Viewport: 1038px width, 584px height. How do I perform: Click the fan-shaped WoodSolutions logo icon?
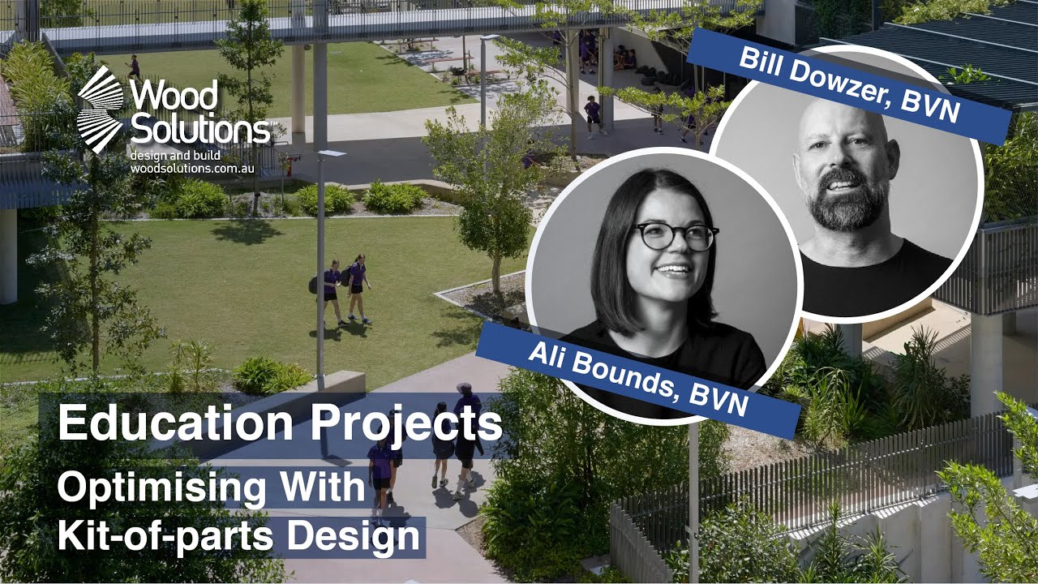click(x=101, y=109)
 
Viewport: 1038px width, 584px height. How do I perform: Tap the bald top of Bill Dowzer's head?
click(x=843, y=122)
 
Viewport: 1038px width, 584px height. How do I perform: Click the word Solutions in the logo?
click(x=201, y=128)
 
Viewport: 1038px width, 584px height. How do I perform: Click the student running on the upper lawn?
click(x=133, y=67)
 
